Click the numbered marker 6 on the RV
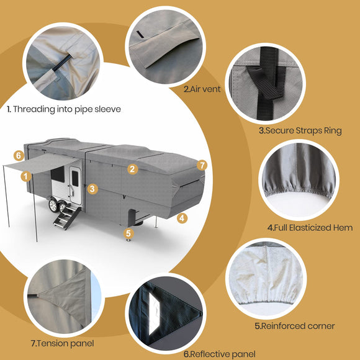tap(19, 155)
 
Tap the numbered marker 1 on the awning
tap(25, 176)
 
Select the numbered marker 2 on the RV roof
tap(132, 168)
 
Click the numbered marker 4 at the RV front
tap(182, 218)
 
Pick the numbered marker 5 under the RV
tap(128, 233)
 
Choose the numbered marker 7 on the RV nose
tap(201, 164)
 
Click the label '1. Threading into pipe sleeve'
tap(63, 109)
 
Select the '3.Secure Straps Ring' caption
tap(300, 131)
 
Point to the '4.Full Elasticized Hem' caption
tap(310, 228)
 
